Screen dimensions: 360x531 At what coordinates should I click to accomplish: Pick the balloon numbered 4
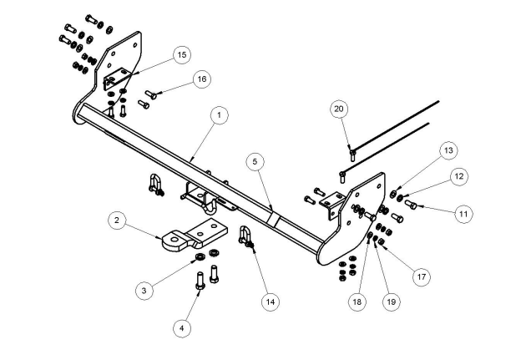180,328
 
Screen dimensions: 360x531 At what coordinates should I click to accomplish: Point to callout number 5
255,160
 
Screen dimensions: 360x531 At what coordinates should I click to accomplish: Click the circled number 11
463,214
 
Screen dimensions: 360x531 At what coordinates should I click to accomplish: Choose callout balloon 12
458,176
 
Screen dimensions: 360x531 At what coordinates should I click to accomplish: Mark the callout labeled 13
449,150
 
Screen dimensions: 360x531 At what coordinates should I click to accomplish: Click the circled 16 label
201,79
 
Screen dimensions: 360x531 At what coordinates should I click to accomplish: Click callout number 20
338,109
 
